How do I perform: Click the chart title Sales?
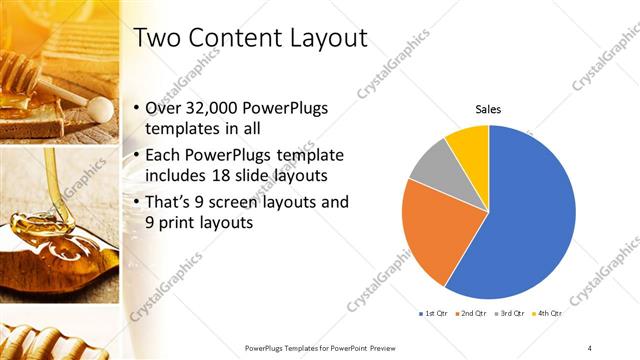point(488,109)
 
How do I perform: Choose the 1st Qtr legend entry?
point(434,313)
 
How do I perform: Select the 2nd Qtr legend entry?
point(470,313)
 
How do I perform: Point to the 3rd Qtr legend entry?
point(506,313)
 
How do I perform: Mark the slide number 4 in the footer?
point(590,347)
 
